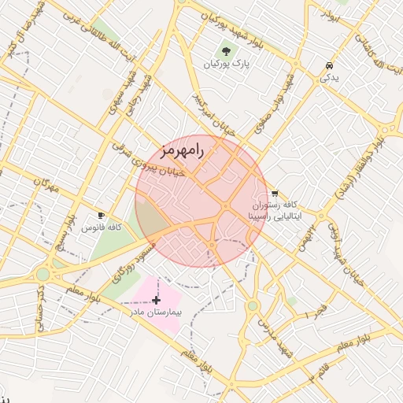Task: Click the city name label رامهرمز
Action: [x=181, y=149]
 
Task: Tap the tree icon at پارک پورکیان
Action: [x=227, y=51]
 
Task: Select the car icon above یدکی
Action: [x=328, y=66]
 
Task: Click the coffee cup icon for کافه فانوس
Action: [x=101, y=215]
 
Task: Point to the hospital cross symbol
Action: [x=157, y=300]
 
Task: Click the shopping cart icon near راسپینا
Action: [x=274, y=193]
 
